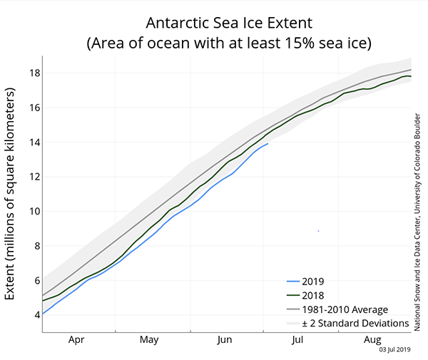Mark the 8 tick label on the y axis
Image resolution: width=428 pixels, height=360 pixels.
pos(33,246)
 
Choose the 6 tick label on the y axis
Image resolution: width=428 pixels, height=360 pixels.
pos(33,281)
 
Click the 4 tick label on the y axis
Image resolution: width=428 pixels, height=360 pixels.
pos(33,315)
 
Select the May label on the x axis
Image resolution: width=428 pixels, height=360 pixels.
pos(149,341)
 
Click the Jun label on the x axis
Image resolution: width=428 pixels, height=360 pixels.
pos(224,341)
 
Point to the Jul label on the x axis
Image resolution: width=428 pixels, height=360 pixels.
pos(298,341)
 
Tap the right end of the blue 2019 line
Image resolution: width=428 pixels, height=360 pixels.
pos(268,143)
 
